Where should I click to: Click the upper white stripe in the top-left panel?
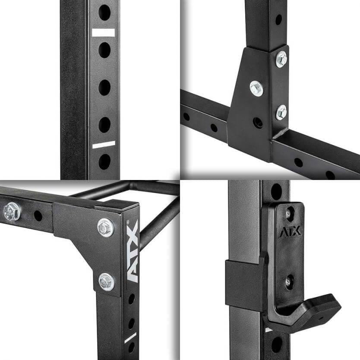tap(103, 33)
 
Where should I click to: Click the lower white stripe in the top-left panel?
tap(104, 145)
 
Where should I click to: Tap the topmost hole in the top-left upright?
tap(104, 13)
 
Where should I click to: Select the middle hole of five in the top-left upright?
tap(104, 88)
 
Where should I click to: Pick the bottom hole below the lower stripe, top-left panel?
tap(104, 161)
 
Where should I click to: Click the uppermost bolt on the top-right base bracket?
tap(281, 59)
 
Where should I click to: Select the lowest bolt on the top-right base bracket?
tap(281, 113)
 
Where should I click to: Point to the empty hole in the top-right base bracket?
tap(258, 123)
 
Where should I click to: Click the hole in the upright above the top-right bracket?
tap(278, 20)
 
